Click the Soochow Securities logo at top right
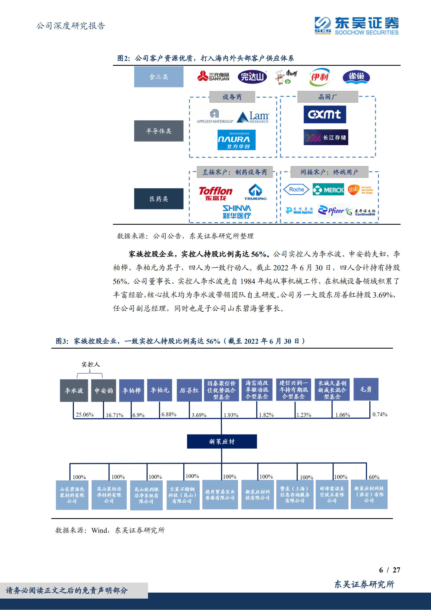(x=356, y=26)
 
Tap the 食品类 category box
(x=159, y=77)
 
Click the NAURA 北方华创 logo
(x=236, y=140)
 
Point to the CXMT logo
(x=325, y=114)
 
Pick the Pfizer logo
(x=331, y=211)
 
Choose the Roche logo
(x=296, y=190)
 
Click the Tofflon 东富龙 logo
(x=215, y=193)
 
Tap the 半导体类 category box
(x=159, y=131)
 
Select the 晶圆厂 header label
(x=328, y=97)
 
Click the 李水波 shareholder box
(x=74, y=390)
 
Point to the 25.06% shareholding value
(x=85, y=415)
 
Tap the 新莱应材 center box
(x=222, y=442)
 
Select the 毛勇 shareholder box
(x=366, y=389)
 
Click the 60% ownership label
(x=374, y=477)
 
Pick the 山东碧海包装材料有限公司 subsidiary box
(x=72, y=495)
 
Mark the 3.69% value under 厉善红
(x=199, y=415)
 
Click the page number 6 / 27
(x=389, y=570)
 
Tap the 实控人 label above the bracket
(x=91, y=364)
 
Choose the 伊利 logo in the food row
(x=320, y=77)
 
